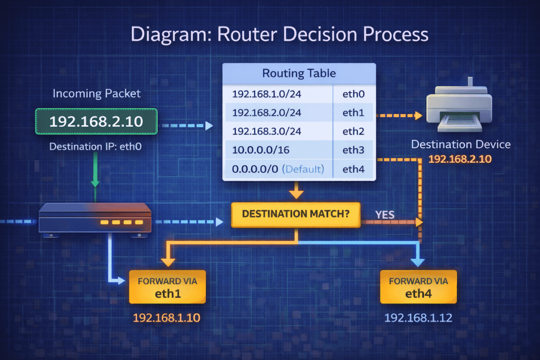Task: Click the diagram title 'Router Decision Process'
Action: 279,34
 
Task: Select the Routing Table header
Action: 299,73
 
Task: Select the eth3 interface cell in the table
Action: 353,150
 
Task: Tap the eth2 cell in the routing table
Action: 353,131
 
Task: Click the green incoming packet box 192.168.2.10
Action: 96,122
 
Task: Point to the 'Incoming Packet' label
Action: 97,94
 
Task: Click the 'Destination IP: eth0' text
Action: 96,146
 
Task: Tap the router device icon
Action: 95,217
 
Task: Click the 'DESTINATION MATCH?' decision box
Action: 296,215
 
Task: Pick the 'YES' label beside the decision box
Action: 385,215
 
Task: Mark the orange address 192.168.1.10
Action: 166,318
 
